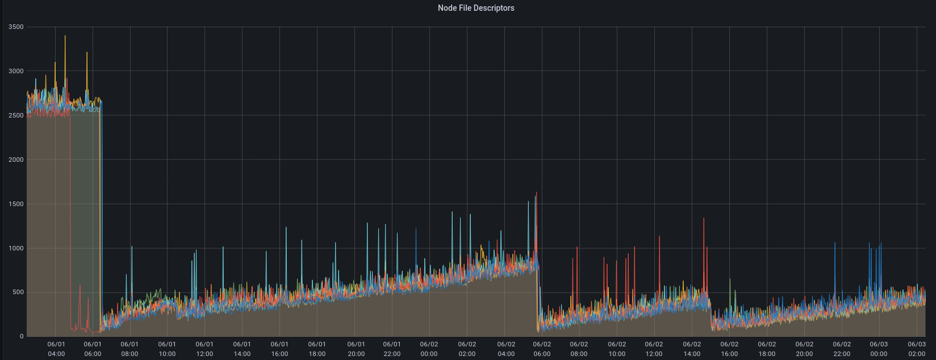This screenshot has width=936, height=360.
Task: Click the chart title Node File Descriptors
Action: click(x=476, y=8)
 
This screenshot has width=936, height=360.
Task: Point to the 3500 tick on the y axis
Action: click(x=16, y=27)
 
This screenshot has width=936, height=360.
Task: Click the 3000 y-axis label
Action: click(x=16, y=71)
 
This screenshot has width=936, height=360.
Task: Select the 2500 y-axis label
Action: click(x=16, y=115)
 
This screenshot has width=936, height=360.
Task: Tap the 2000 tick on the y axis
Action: click(x=16, y=160)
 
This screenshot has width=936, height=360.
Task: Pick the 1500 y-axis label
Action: click(x=16, y=204)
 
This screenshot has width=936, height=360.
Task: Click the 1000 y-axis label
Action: click(x=16, y=248)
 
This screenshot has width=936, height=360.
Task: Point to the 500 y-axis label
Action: click(x=18, y=292)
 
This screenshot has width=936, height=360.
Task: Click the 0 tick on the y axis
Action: click(x=22, y=337)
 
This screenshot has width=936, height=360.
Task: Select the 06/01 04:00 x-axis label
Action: click(x=56, y=349)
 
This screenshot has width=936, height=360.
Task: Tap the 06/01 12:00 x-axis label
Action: click(x=204, y=349)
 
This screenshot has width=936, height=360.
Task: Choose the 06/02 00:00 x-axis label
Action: click(x=429, y=349)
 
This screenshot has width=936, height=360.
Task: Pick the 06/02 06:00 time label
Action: click(x=542, y=349)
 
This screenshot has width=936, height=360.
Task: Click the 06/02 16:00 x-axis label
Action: click(x=729, y=349)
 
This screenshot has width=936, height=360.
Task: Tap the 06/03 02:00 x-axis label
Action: click(x=916, y=349)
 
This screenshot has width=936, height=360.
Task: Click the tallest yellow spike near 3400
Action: click(x=65, y=36)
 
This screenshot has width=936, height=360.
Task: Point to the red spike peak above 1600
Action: click(x=536, y=192)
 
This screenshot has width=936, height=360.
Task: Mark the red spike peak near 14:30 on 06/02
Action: click(x=704, y=219)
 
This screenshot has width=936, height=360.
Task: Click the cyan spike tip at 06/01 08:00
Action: click(x=132, y=246)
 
